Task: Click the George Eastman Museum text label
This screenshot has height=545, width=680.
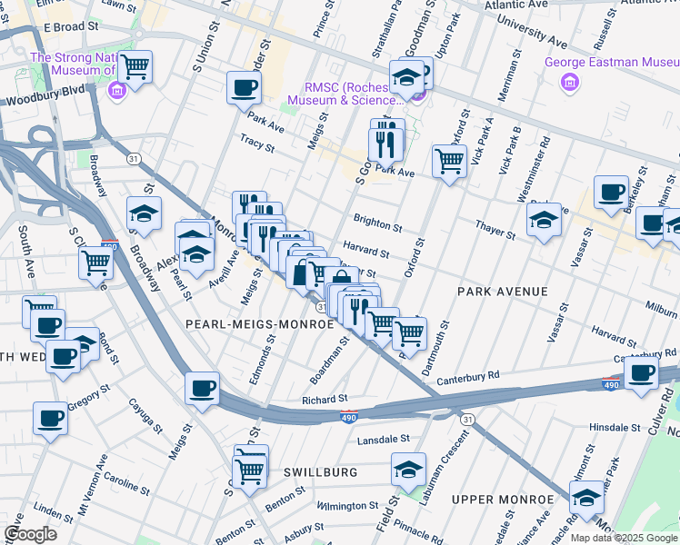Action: pyautogui.click(x=610, y=63)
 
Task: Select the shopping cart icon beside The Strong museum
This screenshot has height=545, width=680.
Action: pyautogui.click(x=135, y=65)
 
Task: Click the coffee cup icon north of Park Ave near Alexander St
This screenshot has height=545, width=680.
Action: pyautogui.click(x=244, y=87)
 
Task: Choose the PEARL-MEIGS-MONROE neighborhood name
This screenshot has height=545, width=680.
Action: pyautogui.click(x=248, y=323)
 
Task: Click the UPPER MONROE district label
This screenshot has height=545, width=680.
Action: pyautogui.click(x=503, y=500)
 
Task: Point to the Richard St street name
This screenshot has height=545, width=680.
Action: pyautogui.click(x=325, y=399)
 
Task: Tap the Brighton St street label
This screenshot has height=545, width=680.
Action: pyautogui.click(x=377, y=223)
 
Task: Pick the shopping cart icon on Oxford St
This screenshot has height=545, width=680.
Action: pyautogui.click(x=450, y=161)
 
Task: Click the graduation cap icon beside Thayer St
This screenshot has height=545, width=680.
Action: pyautogui.click(x=544, y=219)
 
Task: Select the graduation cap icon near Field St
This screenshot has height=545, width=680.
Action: pyautogui.click(x=409, y=470)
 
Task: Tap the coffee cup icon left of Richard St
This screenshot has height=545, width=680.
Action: pyautogui.click(x=202, y=388)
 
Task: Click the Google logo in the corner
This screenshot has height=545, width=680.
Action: pyautogui.click(x=30, y=534)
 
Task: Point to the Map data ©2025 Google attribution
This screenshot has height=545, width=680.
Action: pyautogui.click(x=623, y=538)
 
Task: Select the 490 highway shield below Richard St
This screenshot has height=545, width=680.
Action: pyautogui.click(x=348, y=417)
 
